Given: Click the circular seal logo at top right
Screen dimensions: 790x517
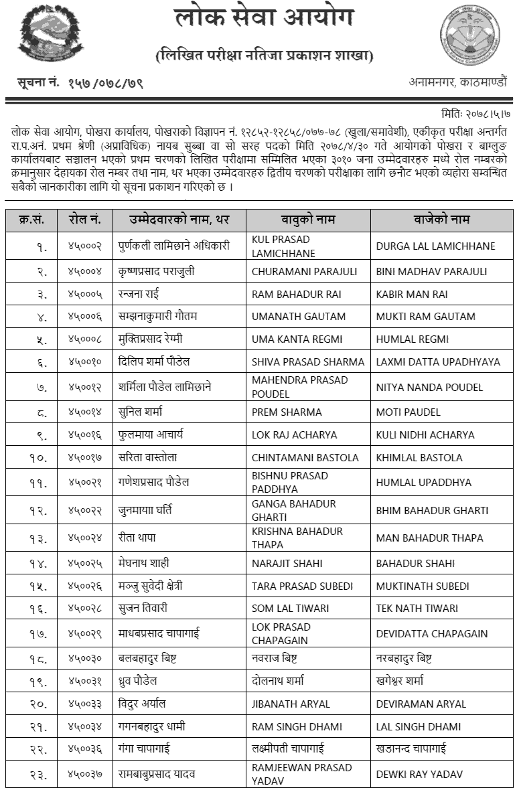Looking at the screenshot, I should click(469, 35).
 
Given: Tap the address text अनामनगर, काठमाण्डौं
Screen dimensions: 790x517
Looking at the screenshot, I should click(458, 83).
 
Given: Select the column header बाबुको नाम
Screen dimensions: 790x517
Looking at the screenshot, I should click(308, 220).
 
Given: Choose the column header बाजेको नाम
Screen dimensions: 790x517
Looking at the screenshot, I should click(441, 220).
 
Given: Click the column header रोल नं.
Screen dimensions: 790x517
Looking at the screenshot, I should click(84, 220).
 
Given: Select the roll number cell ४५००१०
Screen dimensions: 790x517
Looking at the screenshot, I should click(84, 362).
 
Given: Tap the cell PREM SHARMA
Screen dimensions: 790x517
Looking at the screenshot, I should click(287, 412).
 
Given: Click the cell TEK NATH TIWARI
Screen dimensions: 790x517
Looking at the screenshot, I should click(417, 608).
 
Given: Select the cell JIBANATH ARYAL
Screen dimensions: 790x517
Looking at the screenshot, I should click(291, 704).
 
